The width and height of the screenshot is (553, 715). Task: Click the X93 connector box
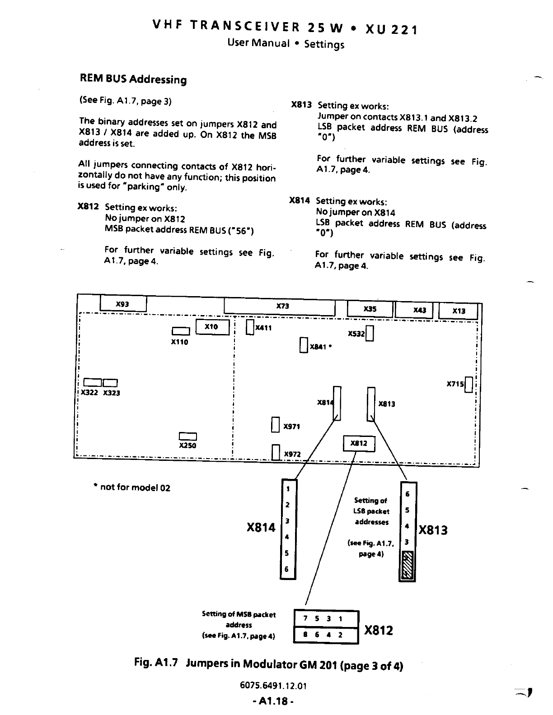pyautogui.click(x=123, y=304)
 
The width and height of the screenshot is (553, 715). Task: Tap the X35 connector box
pyautogui.click(x=370, y=309)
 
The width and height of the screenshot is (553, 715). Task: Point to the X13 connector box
pyautogui.click(x=458, y=311)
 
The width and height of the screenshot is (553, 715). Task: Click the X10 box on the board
pyautogui.click(x=212, y=327)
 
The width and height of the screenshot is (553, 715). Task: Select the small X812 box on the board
pyautogui.click(x=359, y=443)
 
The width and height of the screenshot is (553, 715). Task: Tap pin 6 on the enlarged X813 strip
pyautogui.click(x=408, y=494)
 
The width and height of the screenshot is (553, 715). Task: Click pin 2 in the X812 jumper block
pyautogui.click(x=341, y=635)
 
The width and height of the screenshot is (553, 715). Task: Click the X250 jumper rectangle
pyautogui.click(x=187, y=436)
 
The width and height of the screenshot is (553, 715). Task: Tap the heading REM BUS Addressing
pyautogui.click(x=133, y=79)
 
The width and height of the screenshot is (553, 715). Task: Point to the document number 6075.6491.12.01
pyautogui.click(x=273, y=686)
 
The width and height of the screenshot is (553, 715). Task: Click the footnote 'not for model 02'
pyautogui.click(x=132, y=487)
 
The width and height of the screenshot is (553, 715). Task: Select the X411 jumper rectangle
pyautogui.click(x=250, y=327)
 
